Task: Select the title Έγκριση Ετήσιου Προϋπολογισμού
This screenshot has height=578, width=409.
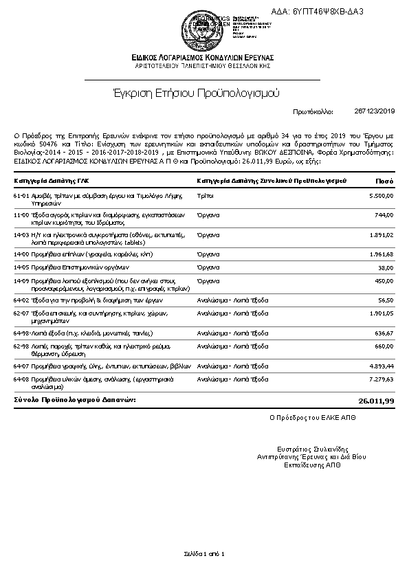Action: point(202,93)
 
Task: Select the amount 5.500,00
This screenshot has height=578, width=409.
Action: point(382,196)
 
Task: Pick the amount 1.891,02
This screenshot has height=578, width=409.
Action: point(382,234)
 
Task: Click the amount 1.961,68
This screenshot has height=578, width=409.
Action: point(382,254)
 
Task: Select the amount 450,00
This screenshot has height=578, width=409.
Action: point(385,280)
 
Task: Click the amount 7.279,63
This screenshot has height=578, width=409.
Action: point(382,379)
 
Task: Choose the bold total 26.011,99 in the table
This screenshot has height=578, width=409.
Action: point(376,400)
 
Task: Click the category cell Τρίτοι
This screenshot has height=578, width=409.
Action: point(205,196)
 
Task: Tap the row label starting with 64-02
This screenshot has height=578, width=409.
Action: point(78,300)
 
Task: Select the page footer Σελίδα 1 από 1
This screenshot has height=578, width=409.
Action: point(204,553)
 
